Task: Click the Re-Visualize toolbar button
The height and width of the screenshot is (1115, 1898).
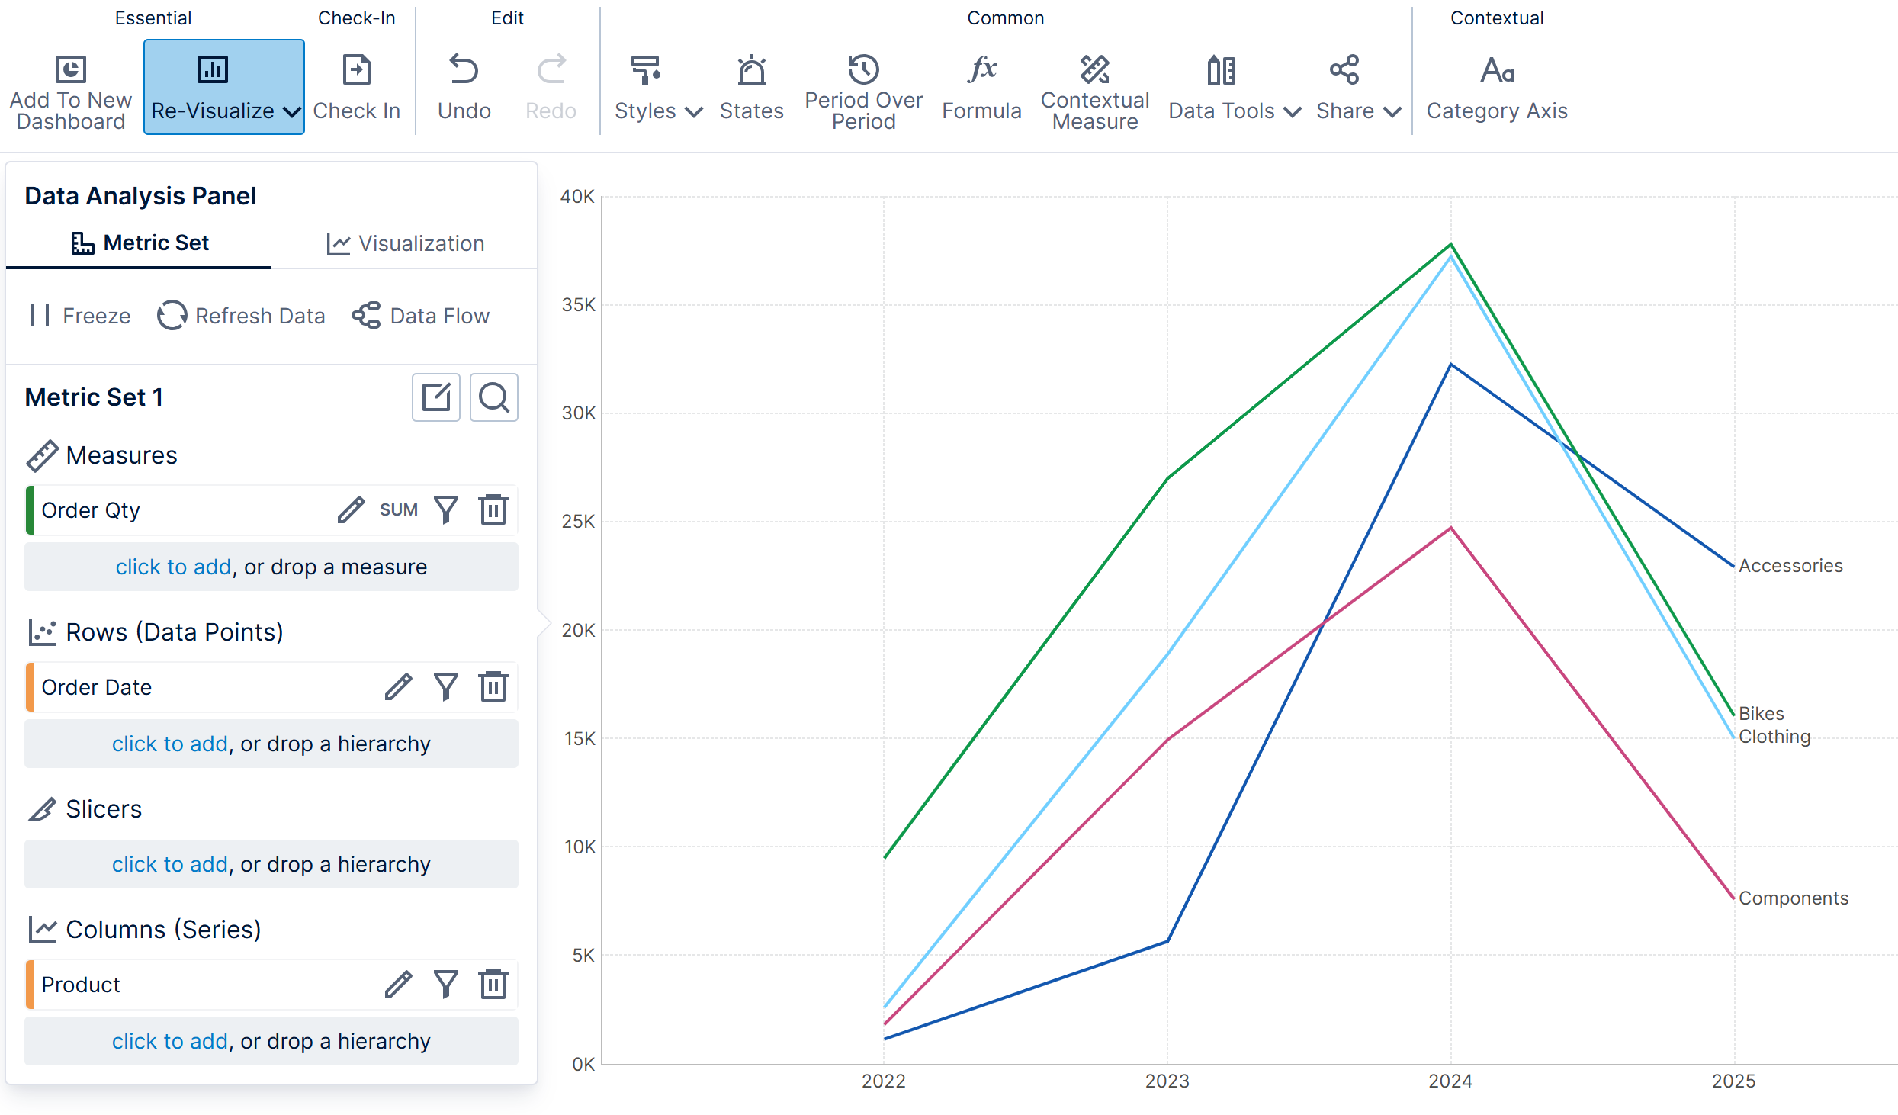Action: pyautogui.click(x=223, y=87)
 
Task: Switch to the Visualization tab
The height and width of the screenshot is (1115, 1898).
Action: pyautogui.click(x=406, y=243)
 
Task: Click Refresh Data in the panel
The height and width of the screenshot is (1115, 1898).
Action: pyautogui.click(x=241, y=315)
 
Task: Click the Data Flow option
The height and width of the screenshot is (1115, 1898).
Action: pyautogui.click(x=421, y=315)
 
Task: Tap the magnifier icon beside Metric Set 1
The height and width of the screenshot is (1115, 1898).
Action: pyautogui.click(x=494, y=397)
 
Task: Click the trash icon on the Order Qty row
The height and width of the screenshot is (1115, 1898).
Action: pyautogui.click(x=493, y=509)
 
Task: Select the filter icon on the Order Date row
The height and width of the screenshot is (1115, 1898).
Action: pyautogui.click(x=446, y=686)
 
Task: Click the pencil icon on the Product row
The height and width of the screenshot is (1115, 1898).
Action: pyautogui.click(x=398, y=984)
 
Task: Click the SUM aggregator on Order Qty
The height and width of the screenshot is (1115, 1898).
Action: pyautogui.click(x=399, y=509)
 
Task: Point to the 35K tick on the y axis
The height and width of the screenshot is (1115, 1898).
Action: pyautogui.click(x=579, y=305)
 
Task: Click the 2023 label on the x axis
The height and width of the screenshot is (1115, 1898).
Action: pyautogui.click(x=1167, y=1081)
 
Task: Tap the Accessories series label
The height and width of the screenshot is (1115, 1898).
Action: pyautogui.click(x=1790, y=566)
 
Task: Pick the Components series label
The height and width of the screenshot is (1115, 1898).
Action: pyautogui.click(x=1794, y=898)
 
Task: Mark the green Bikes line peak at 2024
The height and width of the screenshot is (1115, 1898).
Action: pyautogui.click(x=1450, y=244)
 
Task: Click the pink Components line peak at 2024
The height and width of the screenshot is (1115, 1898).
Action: pyautogui.click(x=1450, y=528)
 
